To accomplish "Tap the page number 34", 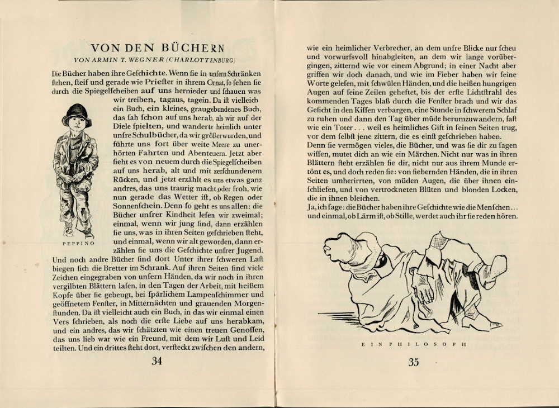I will tap(157, 362).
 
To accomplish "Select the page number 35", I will tap(413, 362).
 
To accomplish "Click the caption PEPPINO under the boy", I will tap(76, 244).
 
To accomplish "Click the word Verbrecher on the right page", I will tap(389, 48).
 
